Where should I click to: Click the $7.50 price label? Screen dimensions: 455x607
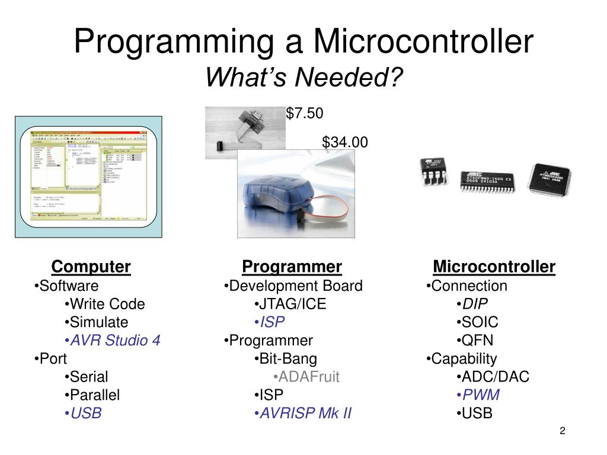[x=305, y=113]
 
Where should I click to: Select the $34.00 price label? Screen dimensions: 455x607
[x=345, y=142]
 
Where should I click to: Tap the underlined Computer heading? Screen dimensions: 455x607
[x=91, y=267]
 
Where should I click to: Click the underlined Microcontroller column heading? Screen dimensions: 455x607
[x=494, y=267]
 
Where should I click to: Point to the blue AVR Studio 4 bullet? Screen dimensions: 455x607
[x=112, y=341]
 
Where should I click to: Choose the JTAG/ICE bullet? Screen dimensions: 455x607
[x=290, y=305]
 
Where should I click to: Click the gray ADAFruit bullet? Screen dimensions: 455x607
[x=306, y=377]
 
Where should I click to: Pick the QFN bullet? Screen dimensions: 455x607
[x=475, y=341]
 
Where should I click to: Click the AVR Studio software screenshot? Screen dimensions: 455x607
[x=88, y=177]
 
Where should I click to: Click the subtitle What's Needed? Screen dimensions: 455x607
[x=303, y=76]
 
